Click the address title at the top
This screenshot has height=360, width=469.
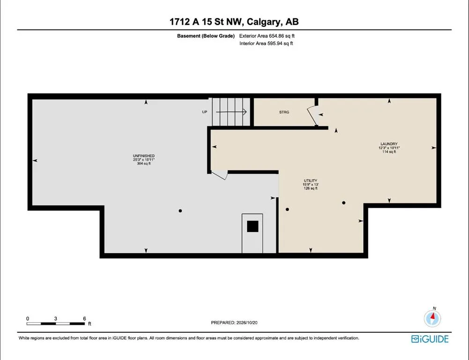234,22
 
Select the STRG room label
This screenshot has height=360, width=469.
284,112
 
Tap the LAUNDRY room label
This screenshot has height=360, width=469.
389,144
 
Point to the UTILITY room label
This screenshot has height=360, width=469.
311,181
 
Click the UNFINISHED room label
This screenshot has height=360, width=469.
143,156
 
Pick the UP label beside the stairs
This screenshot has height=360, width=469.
205,112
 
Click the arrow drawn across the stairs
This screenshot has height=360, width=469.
231,112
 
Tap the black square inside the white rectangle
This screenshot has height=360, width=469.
253,226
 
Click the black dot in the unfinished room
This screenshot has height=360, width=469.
180,210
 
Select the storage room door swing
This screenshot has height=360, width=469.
312,116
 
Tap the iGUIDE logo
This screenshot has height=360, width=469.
430,339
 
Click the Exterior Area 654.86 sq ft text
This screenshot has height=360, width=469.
267,36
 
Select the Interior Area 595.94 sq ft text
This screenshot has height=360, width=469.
266,44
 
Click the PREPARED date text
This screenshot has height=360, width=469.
234,322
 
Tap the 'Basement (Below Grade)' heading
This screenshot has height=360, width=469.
206,36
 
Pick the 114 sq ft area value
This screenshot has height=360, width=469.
389,152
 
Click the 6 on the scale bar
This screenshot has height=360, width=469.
85,319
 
